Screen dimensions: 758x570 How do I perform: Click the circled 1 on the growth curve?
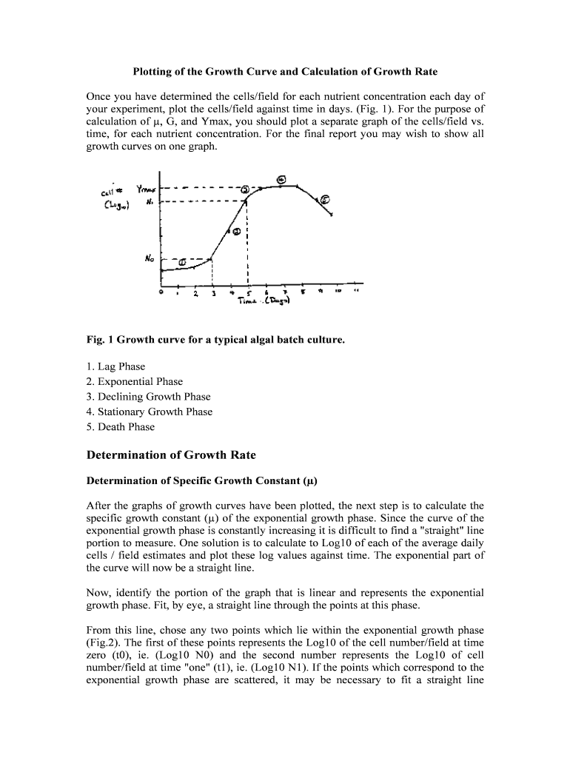[x=181, y=261]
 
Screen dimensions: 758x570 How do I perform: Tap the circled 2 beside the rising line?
[x=236, y=231]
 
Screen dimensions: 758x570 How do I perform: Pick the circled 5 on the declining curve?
[x=325, y=199]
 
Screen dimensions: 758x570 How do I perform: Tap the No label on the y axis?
[x=149, y=259]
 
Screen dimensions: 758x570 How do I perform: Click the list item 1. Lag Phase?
[x=115, y=366]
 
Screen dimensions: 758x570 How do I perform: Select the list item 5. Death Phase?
[x=120, y=426]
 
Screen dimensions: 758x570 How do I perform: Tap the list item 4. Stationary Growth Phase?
[x=149, y=412]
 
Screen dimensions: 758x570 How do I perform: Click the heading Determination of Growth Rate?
[x=171, y=455]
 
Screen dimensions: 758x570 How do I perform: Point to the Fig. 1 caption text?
[x=215, y=340]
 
